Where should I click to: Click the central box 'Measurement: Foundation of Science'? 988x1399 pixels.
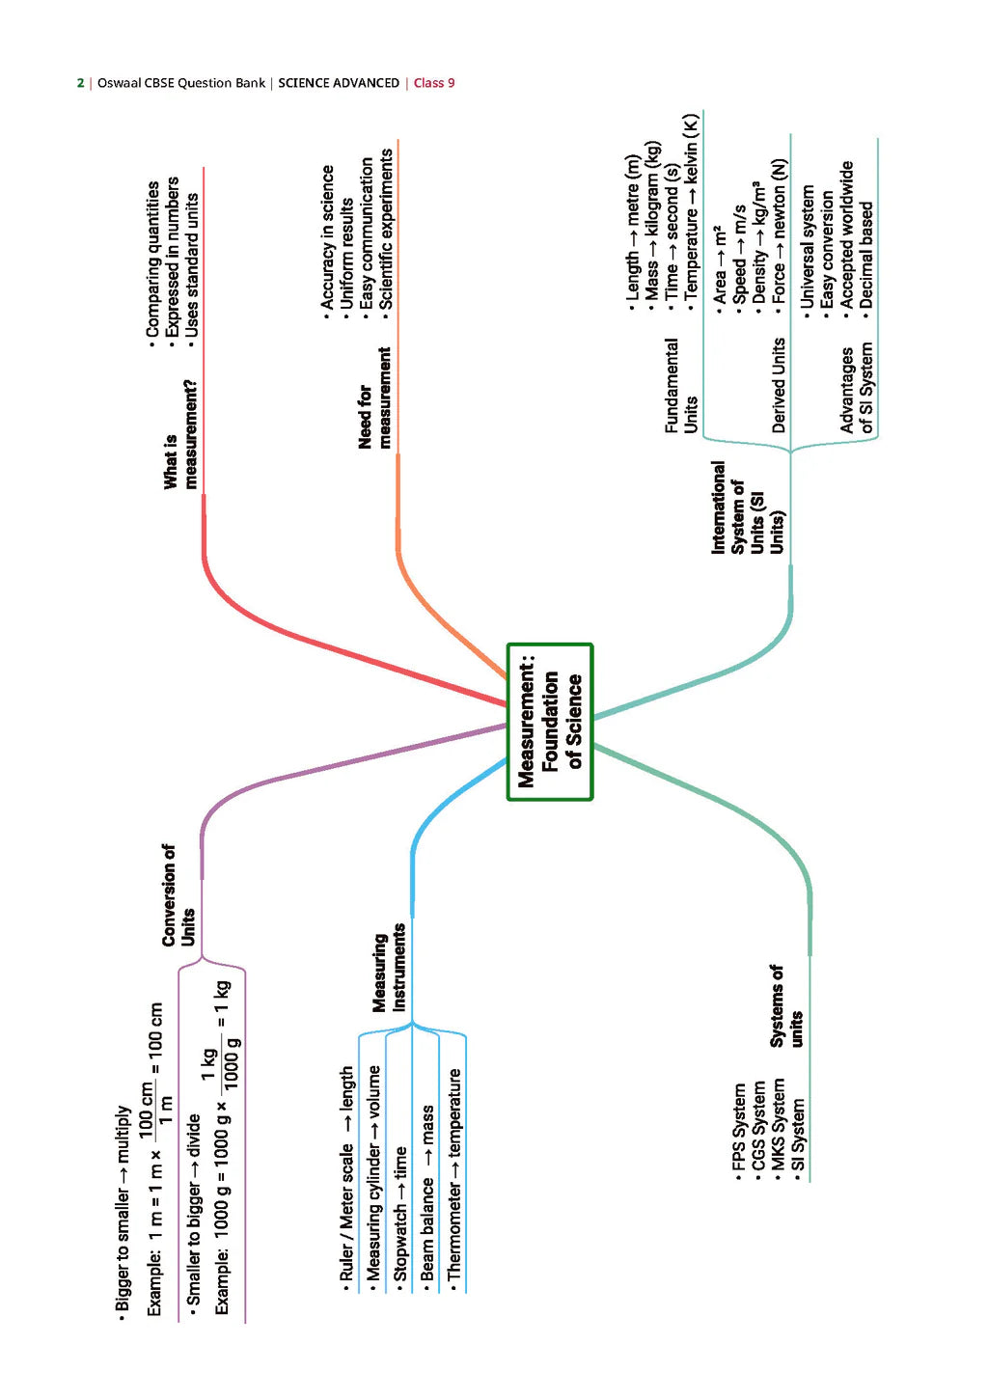(550, 722)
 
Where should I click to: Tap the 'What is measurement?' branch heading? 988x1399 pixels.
(179, 434)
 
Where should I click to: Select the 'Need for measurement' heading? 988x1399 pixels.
(374, 398)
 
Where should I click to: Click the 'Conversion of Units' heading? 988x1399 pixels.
(178, 894)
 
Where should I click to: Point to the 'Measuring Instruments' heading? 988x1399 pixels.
(389, 967)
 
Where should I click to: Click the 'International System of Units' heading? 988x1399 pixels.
(747, 507)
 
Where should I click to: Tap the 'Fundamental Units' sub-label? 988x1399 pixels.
(680, 385)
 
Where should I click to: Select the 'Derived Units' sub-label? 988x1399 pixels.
(779, 385)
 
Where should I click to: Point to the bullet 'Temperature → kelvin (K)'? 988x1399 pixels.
(690, 212)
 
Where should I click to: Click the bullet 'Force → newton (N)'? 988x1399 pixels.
(779, 234)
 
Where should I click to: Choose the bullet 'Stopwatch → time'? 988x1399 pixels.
(399, 1213)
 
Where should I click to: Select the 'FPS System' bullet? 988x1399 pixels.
(738, 1132)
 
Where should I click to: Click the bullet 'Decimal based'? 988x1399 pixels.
(865, 256)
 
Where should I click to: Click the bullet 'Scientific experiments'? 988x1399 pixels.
(386, 230)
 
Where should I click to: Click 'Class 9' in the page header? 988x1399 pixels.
(434, 83)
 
